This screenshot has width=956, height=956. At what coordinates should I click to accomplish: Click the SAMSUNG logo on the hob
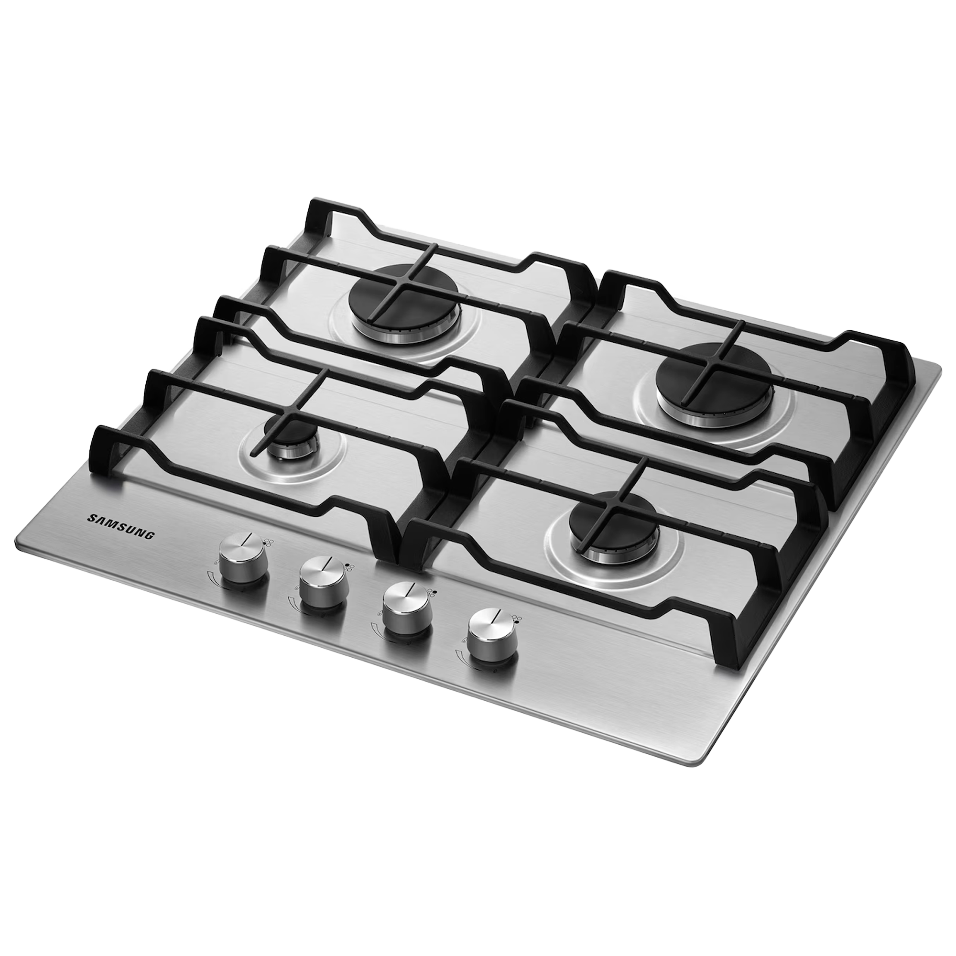coord(121,526)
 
